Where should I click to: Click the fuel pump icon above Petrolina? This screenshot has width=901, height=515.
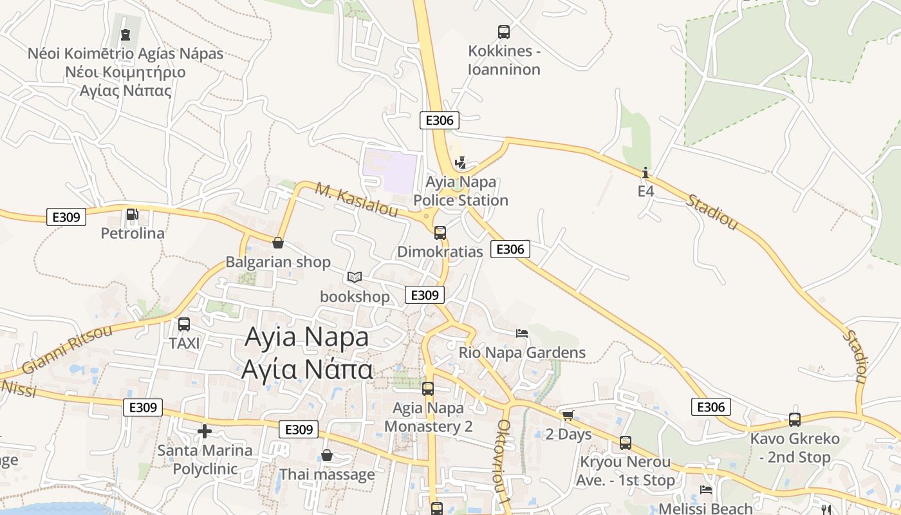132,214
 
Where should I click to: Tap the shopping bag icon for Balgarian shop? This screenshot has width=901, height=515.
278,243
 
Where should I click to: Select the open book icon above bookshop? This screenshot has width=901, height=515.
355,277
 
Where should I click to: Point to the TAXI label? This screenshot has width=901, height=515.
184,343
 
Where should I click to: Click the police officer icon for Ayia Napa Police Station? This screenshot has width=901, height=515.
460,164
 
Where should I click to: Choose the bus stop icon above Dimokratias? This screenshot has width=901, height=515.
440,232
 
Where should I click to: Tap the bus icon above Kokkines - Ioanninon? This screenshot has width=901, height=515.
504,32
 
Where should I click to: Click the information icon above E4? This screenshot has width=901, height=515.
646,173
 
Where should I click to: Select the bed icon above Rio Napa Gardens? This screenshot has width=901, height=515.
522,333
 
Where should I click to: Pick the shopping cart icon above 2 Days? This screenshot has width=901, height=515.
568,416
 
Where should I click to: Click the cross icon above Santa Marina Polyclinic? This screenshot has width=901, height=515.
205,431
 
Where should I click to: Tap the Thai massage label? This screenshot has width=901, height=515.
327,475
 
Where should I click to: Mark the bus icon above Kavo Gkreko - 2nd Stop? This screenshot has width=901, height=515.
795,420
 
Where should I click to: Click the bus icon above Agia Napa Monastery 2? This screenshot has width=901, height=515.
428,389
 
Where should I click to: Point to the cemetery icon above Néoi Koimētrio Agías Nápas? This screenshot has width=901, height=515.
125,35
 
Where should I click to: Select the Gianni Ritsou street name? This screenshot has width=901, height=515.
67,350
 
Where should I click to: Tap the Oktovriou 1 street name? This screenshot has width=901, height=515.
504,461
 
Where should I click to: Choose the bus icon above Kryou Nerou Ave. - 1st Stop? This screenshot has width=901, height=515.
625,443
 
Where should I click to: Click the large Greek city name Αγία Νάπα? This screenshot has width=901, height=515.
307,370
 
